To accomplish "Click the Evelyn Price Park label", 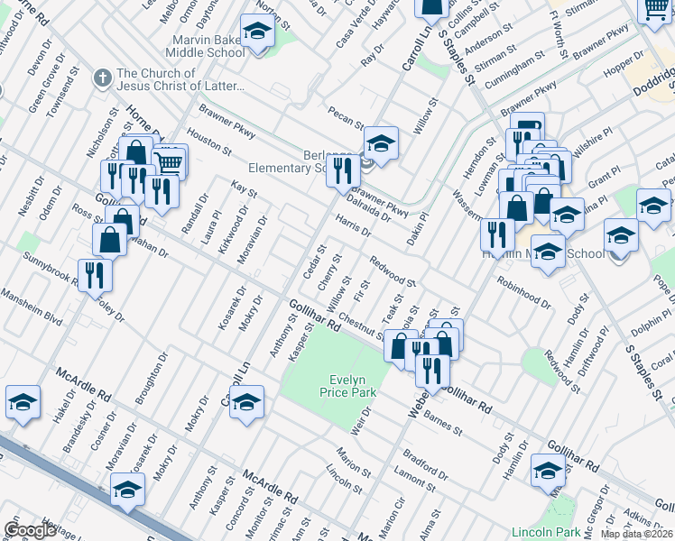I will pos(347,386).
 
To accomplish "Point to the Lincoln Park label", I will pos(541,532).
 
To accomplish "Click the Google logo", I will pos(30,529).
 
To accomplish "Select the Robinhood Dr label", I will pos(522,289).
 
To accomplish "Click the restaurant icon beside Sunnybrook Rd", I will pos(94,275).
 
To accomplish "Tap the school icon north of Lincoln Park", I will pos(547,472).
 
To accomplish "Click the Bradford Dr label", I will pos(426,465).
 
